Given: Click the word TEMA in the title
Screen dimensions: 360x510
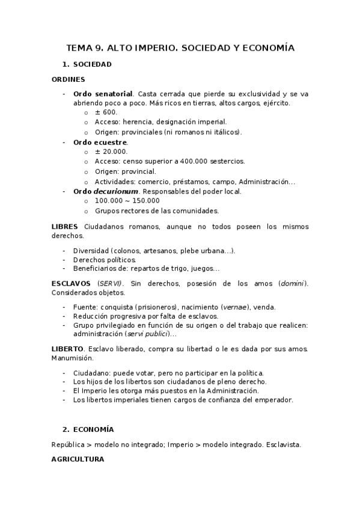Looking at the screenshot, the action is (x=80, y=48).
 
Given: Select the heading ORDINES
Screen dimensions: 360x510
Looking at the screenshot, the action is (x=68, y=79).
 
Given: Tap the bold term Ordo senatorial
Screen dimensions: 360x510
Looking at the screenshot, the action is (x=102, y=94).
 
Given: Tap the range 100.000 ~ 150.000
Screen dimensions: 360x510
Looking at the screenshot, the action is (x=127, y=201).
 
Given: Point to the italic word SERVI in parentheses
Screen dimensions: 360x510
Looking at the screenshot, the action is (x=110, y=283).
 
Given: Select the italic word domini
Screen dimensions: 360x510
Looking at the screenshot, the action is (x=293, y=283).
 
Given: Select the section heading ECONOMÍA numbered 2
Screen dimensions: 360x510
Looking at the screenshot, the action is (x=93, y=429).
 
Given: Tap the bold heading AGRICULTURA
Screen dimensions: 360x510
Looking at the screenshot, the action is (x=78, y=459).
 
